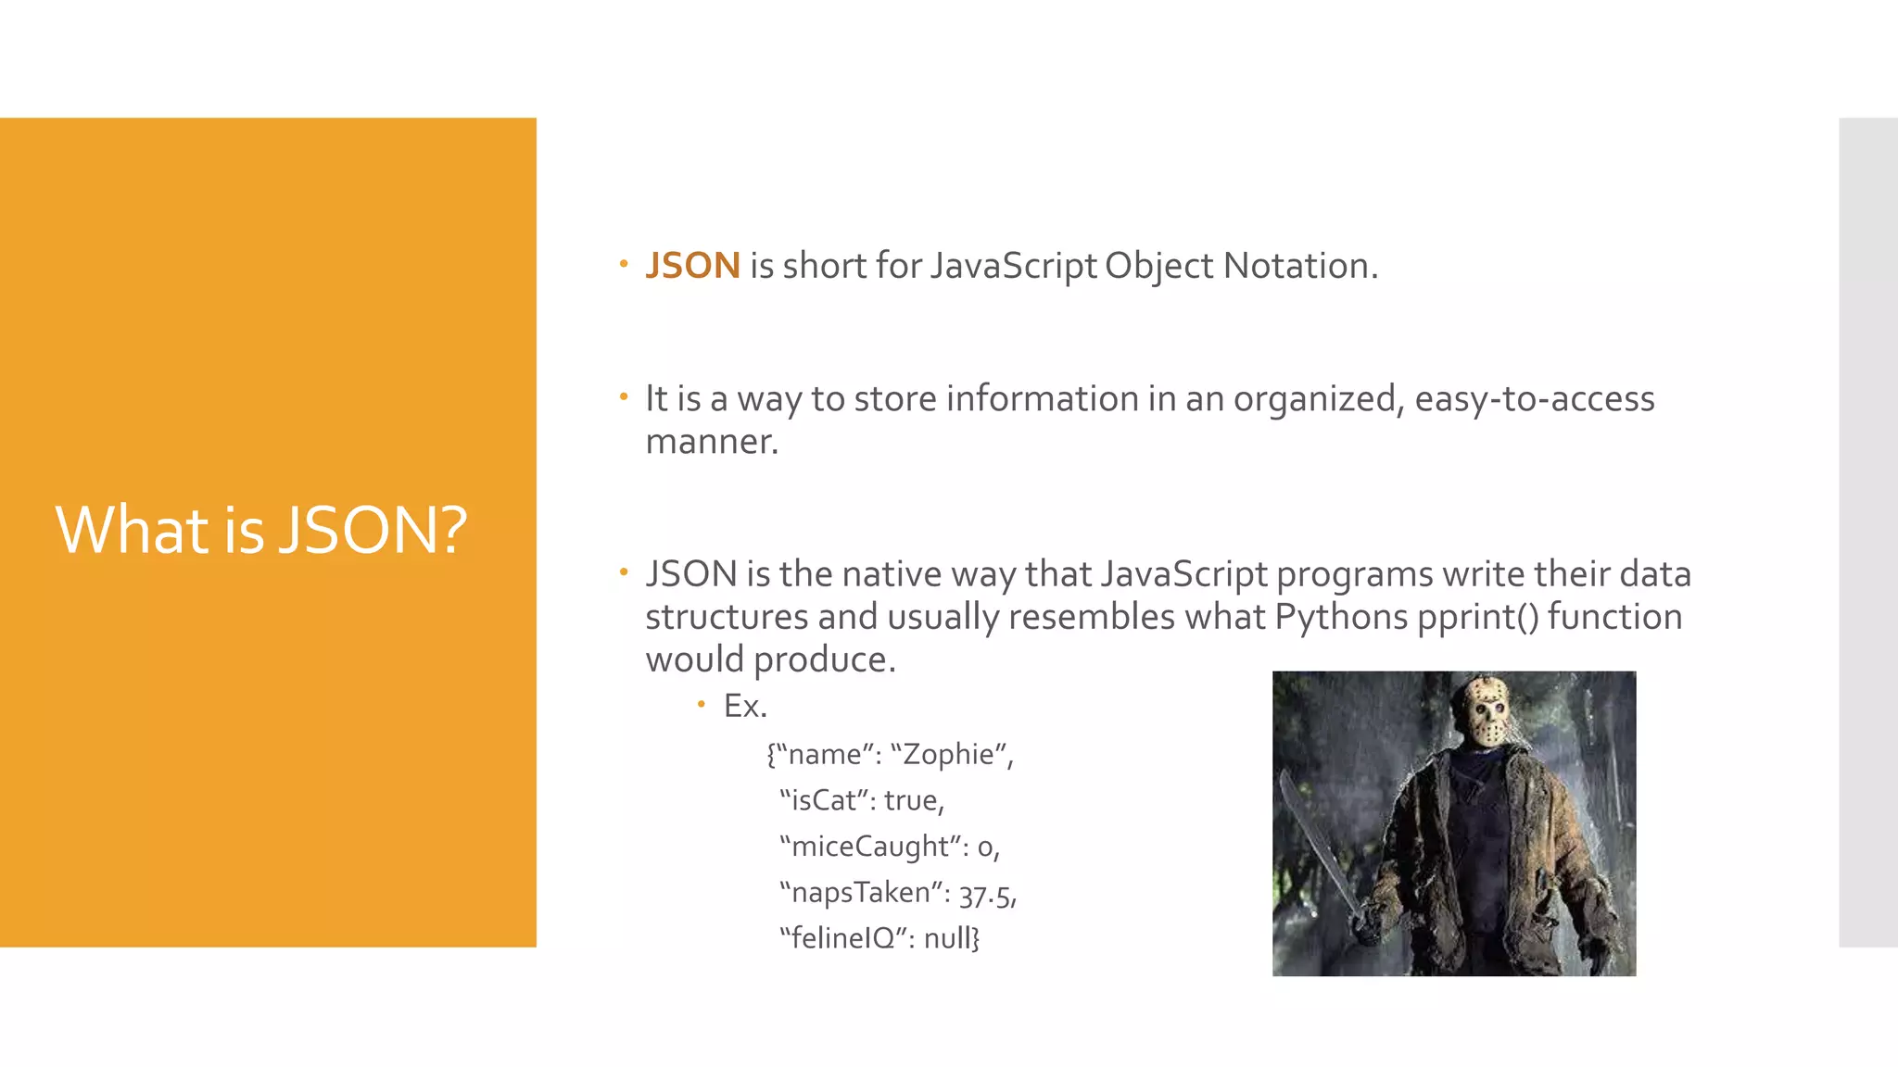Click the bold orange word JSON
coord(692,266)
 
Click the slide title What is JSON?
coord(261,531)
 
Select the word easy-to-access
coord(1534,399)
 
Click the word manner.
coord(711,442)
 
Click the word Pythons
coord(1340,617)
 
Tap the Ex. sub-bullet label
coord(745,707)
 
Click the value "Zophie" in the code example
coord(950,755)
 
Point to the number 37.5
coord(985,894)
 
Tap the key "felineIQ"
coord(841,939)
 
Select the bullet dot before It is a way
coord(624,397)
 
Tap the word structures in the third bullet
coord(715,617)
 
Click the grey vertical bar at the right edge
coord(1867,532)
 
